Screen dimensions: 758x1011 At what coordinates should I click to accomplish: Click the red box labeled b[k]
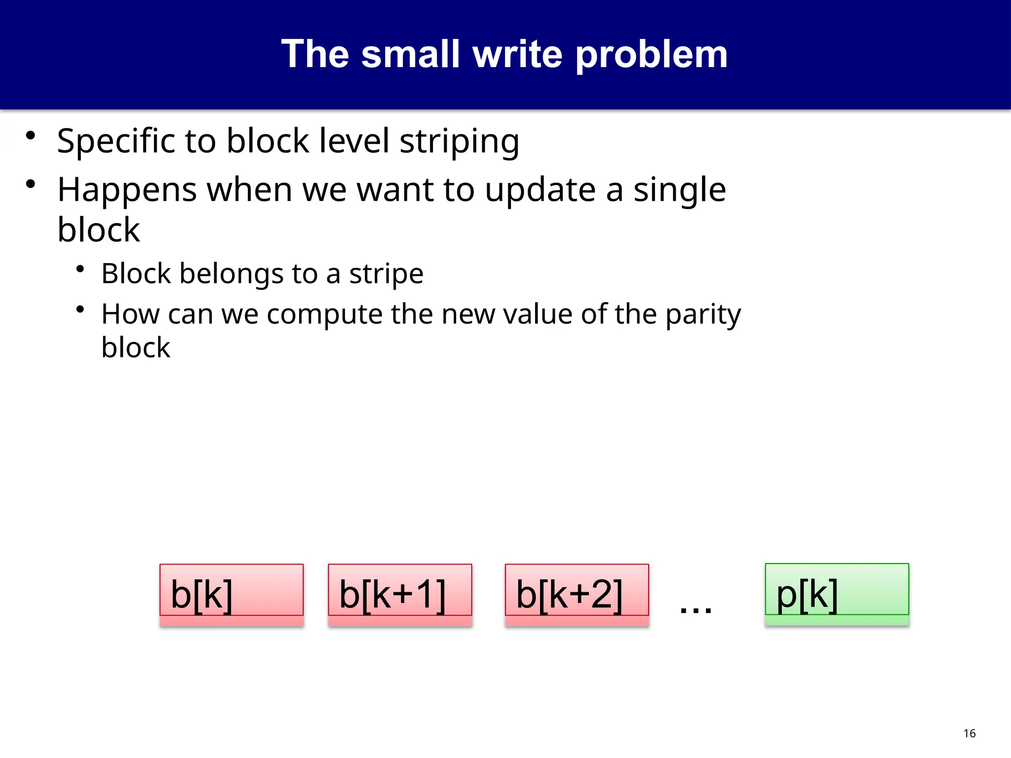click(231, 594)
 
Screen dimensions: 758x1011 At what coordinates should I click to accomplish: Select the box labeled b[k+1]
click(400, 594)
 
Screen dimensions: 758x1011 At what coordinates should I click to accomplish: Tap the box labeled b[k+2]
click(577, 594)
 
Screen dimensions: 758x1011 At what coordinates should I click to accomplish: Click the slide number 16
click(970, 733)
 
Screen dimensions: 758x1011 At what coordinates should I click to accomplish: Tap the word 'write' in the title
click(518, 54)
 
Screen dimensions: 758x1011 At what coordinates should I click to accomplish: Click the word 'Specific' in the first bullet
click(116, 142)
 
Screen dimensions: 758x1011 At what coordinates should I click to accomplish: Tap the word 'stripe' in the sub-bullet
click(386, 274)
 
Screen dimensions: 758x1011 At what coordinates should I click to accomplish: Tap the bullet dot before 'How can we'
click(80, 310)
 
